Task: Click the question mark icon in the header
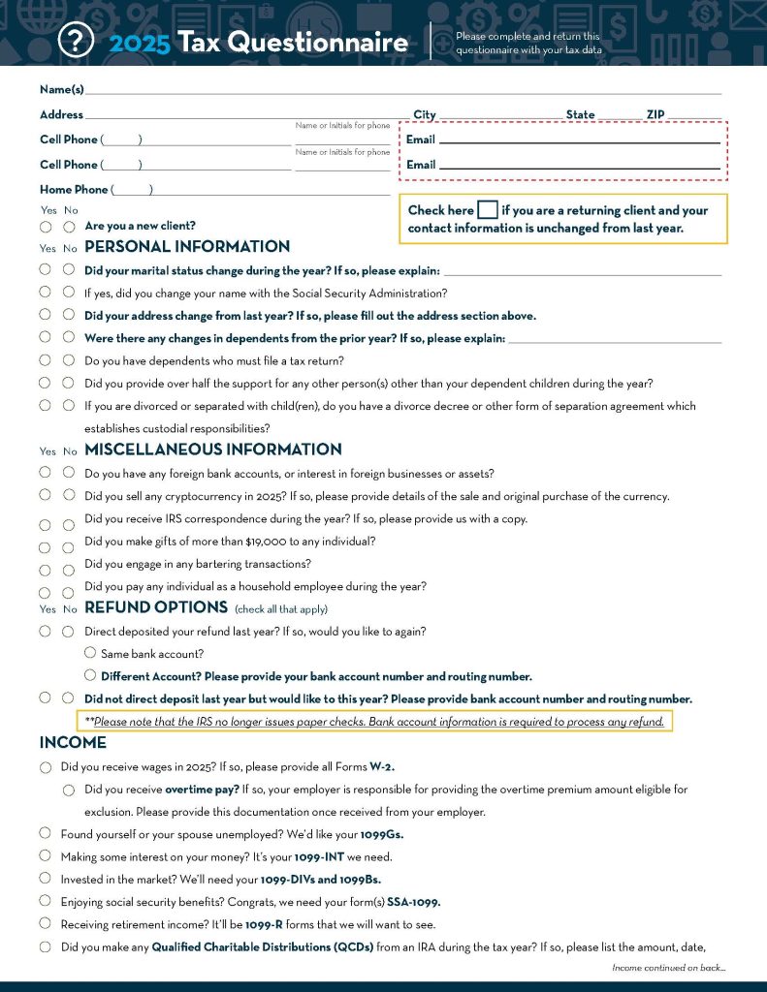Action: (76, 40)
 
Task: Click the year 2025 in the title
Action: (140, 43)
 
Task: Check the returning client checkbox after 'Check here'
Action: (489, 210)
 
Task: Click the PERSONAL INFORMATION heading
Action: (187, 247)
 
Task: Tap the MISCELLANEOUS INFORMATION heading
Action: (213, 449)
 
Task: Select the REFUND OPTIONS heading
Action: (156, 607)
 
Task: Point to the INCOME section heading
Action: (73, 743)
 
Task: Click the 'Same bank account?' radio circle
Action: (90, 654)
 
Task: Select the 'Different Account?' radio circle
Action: (90, 675)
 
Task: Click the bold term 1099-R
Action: (264, 924)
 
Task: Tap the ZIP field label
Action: (655, 114)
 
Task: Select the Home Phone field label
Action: (74, 190)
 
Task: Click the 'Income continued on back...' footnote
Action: (669, 968)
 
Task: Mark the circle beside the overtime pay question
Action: (69, 790)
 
